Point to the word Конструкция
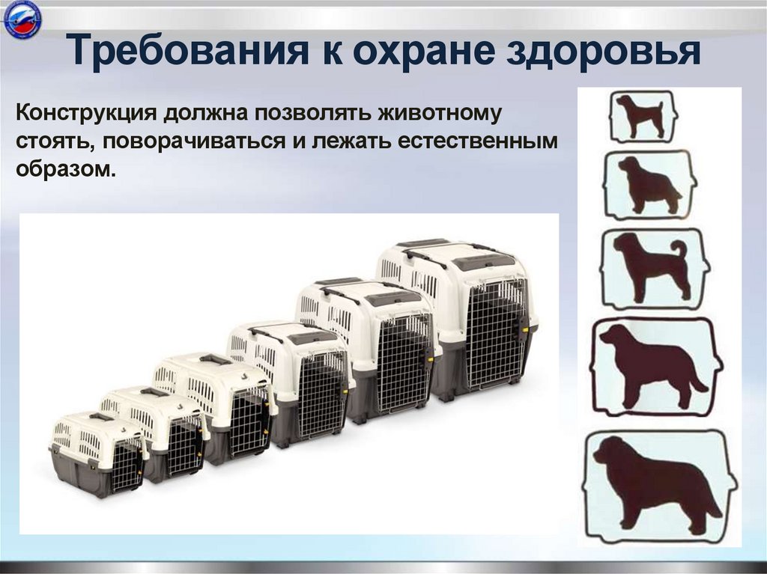86,114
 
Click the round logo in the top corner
22,20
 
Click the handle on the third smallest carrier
215,360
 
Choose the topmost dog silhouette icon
643,116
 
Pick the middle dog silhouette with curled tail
652,268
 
